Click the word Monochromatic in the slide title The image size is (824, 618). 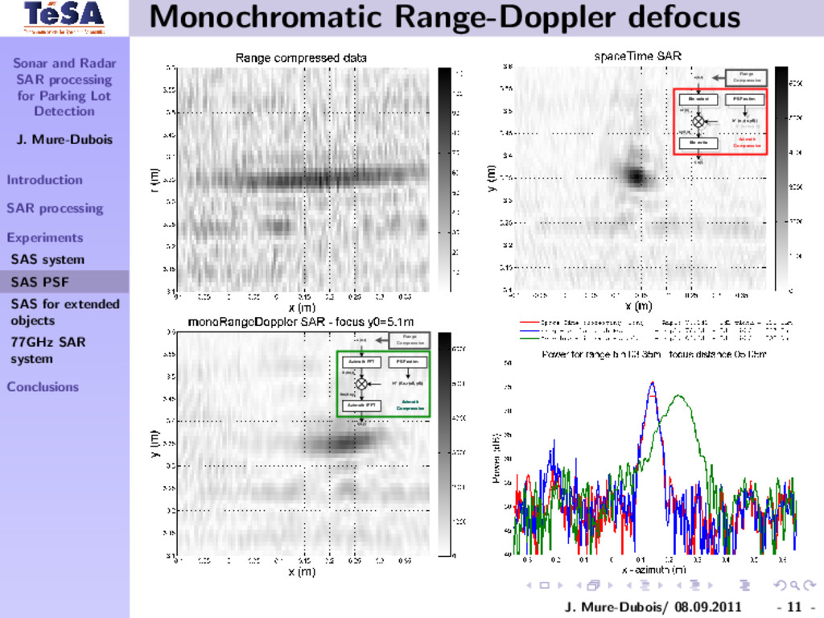241,17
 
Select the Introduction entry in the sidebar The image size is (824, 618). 44,179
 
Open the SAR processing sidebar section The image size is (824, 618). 55,208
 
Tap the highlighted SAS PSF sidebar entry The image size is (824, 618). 39,282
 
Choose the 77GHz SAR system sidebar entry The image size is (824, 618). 47,350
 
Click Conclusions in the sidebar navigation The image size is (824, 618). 43,386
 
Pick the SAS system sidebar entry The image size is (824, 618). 47,259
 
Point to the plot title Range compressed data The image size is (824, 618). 301,58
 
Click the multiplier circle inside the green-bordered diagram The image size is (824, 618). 361,384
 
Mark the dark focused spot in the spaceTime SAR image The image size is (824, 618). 636,175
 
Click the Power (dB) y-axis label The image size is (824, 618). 496,459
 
